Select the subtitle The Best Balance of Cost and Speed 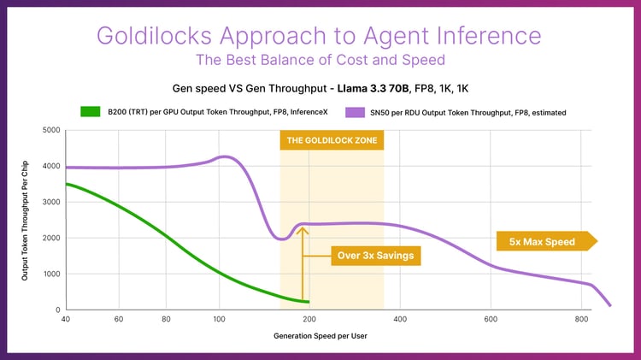click(x=320, y=60)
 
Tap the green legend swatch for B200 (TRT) click(x=91, y=111)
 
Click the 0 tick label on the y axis click(x=56, y=310)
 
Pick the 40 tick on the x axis click(x=66, y=320)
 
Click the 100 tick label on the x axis click(x=220, y=320)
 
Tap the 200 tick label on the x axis click(x=310, y=320)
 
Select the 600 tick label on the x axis click(x=491, y=320)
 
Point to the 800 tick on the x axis click(x=581, y=320)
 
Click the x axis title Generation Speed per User click(x=320, y=336)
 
